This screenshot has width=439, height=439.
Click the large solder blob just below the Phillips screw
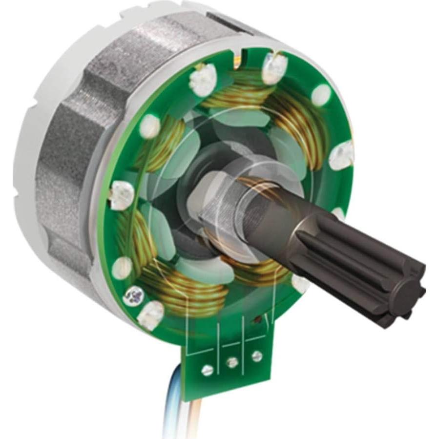150,315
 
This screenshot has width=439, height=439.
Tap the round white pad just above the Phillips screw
122,267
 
